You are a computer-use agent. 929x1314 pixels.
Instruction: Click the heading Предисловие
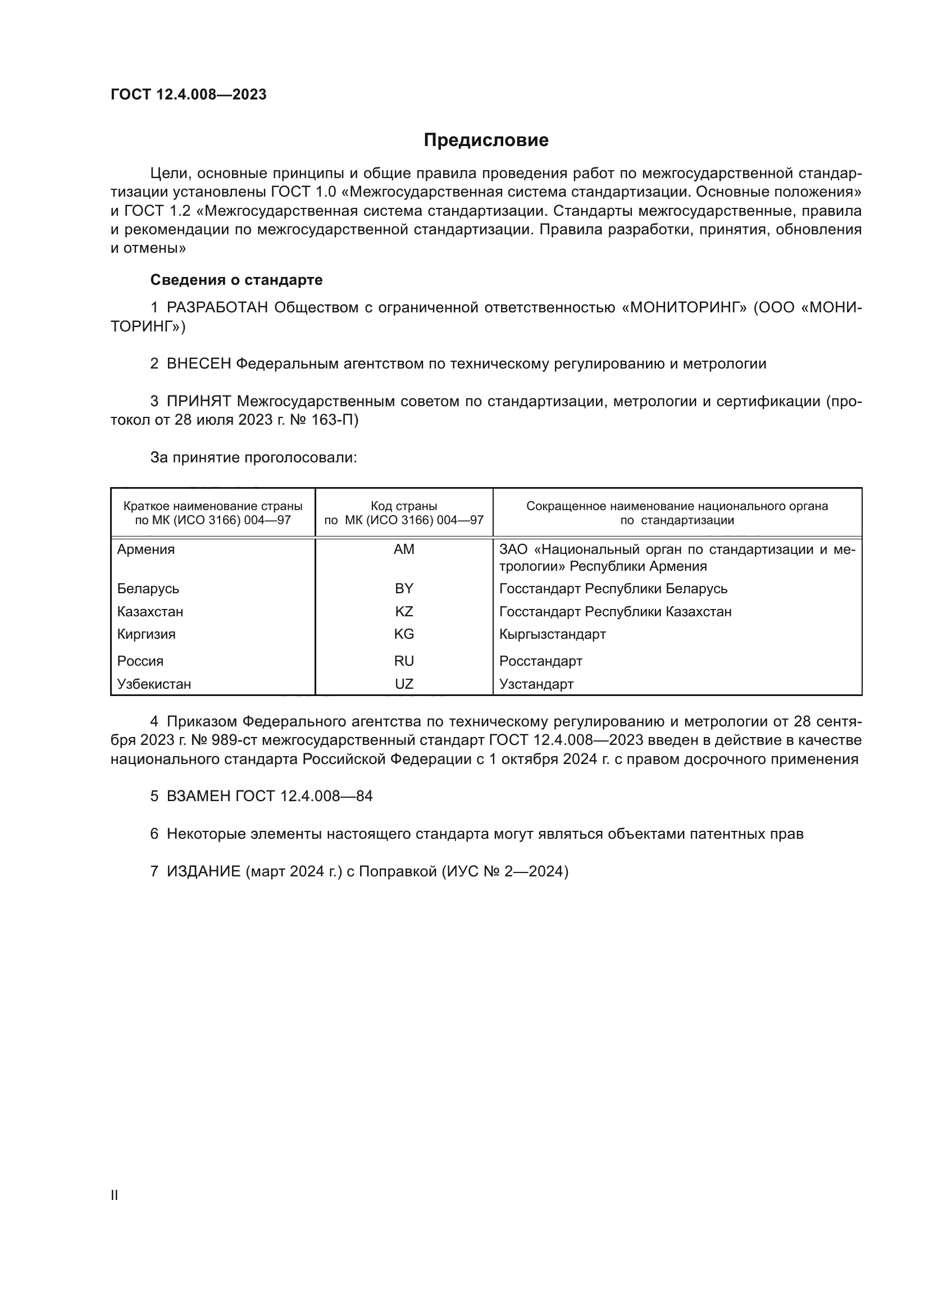[x=486, y=140]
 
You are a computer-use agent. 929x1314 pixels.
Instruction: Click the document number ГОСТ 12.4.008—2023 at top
[x=188, y=94]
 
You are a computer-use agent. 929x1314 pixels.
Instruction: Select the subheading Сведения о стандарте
[x=236, y=280]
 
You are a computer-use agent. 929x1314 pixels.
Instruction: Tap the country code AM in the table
[x=404, y=549]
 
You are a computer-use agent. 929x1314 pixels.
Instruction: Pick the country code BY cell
[x=404, y=589]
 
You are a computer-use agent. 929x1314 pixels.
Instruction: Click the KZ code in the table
[x=404, y=612]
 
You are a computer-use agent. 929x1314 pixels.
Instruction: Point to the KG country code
[x=404, y=634]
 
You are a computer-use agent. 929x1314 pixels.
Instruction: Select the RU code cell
[x=404, y=661]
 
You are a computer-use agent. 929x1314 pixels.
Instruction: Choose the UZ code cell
[x=404, y=684]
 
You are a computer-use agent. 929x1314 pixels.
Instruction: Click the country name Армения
[x=146, y=549]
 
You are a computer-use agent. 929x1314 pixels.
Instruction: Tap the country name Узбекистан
[x=154, y=684]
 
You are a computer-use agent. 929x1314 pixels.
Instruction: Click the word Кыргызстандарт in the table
[x=552, y=634]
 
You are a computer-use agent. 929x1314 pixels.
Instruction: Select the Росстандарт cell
[x=540, y=661]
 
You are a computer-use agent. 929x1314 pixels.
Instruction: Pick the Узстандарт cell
[x=536, y=684]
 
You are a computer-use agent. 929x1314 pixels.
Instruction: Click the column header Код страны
[x=404, y=506]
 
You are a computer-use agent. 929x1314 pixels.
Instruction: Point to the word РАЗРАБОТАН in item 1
[x=217, y=308]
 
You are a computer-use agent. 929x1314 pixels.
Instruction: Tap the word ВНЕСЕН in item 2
[x=198, y=363]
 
